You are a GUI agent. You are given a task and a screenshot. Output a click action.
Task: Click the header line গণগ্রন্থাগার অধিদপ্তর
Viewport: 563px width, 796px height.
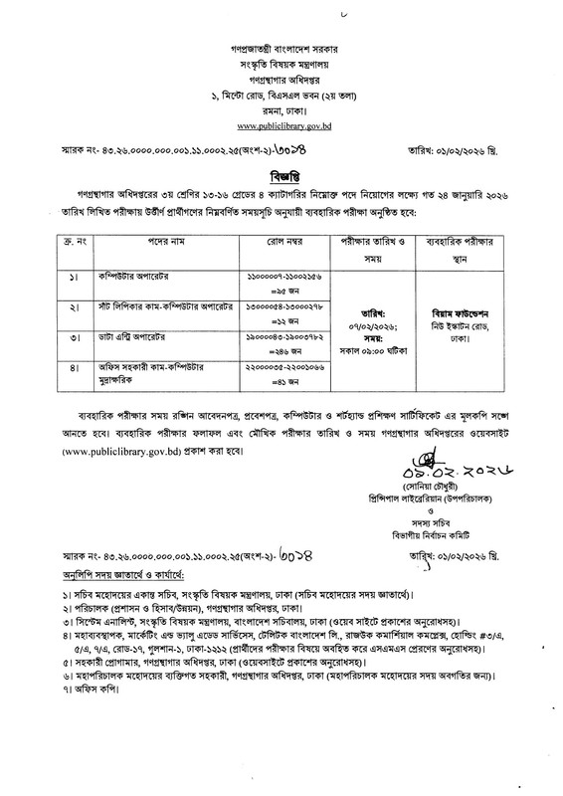(x=281, y=77)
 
